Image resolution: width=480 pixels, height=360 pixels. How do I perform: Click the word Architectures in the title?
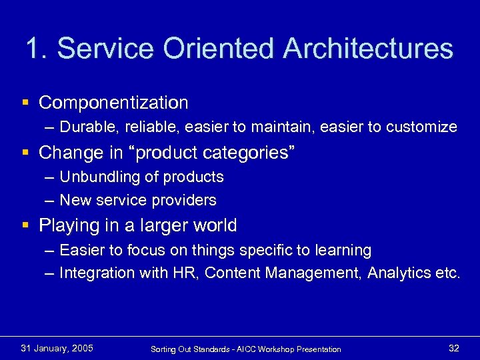point(368,49)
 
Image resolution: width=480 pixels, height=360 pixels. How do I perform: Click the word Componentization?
point(113,103)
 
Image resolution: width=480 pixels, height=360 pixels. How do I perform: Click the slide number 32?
point(454,348)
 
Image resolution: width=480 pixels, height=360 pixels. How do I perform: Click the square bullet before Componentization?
point(25,103)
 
